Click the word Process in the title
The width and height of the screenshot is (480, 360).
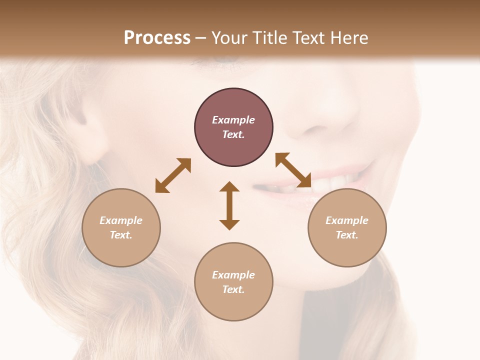[x=157, y=38]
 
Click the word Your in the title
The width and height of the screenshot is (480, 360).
[x=227, y=38]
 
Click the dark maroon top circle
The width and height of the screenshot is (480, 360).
[x=233, y=127]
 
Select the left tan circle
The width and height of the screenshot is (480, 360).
[x=121, y=227]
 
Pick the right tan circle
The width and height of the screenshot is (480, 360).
[x=347, y=227]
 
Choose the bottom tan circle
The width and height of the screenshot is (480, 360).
[x=233, y=282]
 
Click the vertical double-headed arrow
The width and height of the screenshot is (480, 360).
[x=229, y=205]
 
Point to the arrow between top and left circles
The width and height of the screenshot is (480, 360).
[x=173, y=175]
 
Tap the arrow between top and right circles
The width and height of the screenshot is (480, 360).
[x=293, y=170]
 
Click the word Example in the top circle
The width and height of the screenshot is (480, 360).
[x=233, y=120]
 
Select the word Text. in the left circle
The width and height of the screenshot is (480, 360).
[x=121, y=235]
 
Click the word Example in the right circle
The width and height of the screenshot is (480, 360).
[x=347, y=220]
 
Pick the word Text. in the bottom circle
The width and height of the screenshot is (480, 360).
[x=233, y=289]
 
